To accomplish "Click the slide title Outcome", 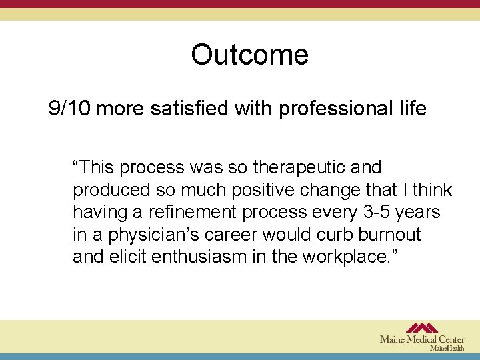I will pos(249,55).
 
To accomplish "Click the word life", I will pos(410,109).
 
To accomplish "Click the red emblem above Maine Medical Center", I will pos(422,328).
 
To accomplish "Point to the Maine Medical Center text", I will pos(422,339).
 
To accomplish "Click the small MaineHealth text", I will pos(447,348).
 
